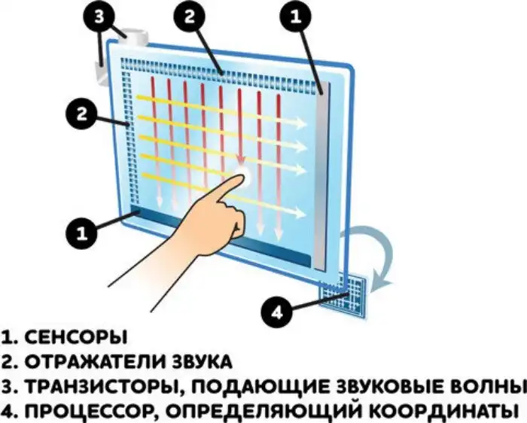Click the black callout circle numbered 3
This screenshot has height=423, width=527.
(x=99, y=16)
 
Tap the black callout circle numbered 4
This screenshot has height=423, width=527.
(x=276, y=312)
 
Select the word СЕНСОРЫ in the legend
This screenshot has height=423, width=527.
(x=76, y=336)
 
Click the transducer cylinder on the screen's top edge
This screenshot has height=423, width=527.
(x=136, y=37)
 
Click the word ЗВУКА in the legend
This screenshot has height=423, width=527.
(x=203, y=362)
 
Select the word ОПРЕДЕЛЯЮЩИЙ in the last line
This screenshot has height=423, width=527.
(x=261, y=411)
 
